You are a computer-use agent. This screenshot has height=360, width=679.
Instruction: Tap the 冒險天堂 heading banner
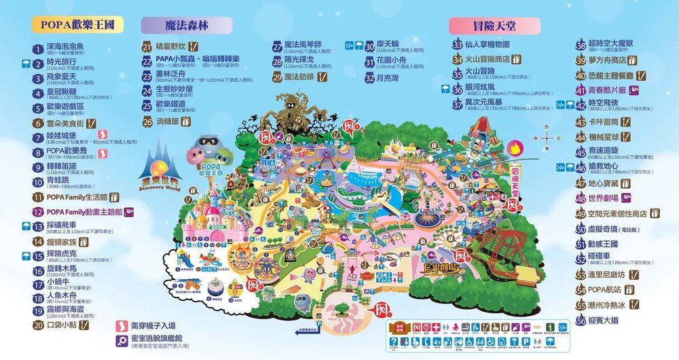[x=494, y=25]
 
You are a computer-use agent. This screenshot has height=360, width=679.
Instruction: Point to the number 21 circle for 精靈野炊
[x=147, y=47]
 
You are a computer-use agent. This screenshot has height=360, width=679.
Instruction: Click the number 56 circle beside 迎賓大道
[x=581, y=320]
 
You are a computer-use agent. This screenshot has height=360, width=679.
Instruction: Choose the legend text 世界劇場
[x=602, y=198]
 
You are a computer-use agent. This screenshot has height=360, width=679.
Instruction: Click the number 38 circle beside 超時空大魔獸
[x=581, y=46]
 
